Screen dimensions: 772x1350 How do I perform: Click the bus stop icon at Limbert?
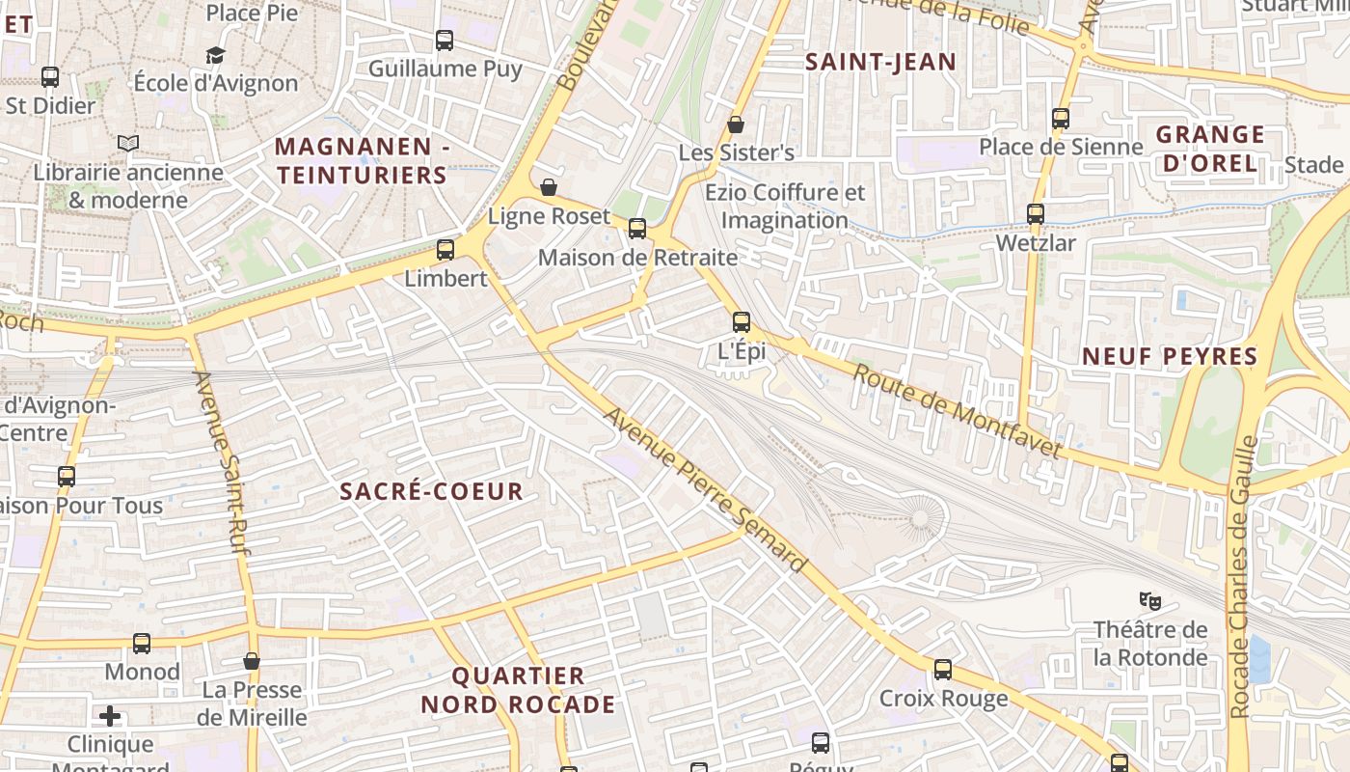point(445,250)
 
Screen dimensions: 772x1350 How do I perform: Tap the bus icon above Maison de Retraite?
point(637,229)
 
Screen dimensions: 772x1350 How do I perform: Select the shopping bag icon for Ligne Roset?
point(549,187)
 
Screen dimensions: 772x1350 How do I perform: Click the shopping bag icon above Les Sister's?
point(736,124)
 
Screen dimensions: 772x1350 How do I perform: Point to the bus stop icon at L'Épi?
point(742,322)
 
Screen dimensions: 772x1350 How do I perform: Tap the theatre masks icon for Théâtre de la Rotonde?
point(1149,601)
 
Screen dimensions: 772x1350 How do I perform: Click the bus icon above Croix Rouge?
point(943,669)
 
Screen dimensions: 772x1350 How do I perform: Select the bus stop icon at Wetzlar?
point(1036,214)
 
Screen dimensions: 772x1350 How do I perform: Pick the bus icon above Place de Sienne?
point(1061,119)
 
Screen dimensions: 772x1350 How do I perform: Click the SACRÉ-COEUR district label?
point(431,491)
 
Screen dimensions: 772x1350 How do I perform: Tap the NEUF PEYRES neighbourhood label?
point(1170,356)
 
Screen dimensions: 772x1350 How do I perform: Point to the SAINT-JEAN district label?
point(880,63)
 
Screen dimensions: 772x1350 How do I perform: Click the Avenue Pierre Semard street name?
point(705,490)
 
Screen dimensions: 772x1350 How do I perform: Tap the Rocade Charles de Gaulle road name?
point(1242,577)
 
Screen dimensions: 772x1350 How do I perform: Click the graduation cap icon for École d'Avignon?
point(215,55)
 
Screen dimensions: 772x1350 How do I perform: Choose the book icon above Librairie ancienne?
point(128,143)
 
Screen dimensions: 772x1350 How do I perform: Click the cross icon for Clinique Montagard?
point(110,716)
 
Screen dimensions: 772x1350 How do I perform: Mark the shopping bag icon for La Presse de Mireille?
point(252,661)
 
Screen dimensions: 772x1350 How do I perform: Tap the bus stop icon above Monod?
point(142,644)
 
